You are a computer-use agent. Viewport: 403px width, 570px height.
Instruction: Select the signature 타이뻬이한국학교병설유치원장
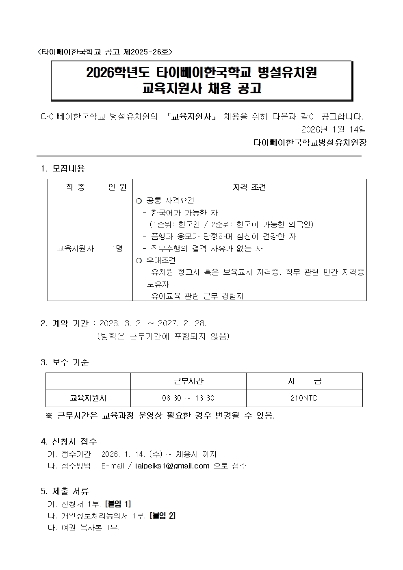[x=310, y=143]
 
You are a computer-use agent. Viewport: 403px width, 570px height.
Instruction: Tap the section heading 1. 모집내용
[x=63, y=168]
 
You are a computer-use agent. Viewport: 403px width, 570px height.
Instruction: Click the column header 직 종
[x=75, y=187]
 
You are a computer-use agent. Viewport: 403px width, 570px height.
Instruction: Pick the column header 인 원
[x=117, y=187]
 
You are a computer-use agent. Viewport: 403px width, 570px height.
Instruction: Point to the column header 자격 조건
[x=249, y=187]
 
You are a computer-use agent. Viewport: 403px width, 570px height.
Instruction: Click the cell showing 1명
[x=117, y=248]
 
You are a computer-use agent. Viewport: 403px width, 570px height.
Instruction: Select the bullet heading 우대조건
[x=161, y=260]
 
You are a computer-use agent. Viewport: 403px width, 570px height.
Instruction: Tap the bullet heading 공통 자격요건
[x=170, y=201]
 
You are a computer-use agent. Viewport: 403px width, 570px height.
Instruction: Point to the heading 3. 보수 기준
[x=65, y=362]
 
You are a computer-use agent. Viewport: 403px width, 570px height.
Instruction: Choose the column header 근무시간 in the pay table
[x=188, y=381]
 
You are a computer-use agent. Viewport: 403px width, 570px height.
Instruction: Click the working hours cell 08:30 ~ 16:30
[x=188, y=398]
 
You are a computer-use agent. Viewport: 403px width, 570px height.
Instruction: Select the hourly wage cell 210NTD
[x=304, y=398]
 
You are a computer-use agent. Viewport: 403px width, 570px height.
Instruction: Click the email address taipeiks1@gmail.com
[x=172, y=466]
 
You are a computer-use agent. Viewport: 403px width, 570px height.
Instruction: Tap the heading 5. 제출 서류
[x=65, y=491]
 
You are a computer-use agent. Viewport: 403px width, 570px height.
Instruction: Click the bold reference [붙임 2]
[x=162, y=516]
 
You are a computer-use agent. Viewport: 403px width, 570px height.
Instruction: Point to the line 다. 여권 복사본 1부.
[x=84, y=528]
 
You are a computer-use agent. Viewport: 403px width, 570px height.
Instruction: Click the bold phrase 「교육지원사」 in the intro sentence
[x=191, y=117]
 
